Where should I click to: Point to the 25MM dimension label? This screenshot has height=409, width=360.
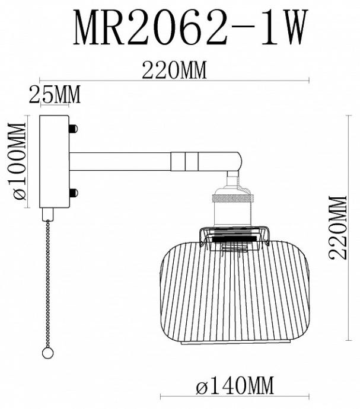[55, 94]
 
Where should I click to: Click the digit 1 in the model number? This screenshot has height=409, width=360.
[259, 28]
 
